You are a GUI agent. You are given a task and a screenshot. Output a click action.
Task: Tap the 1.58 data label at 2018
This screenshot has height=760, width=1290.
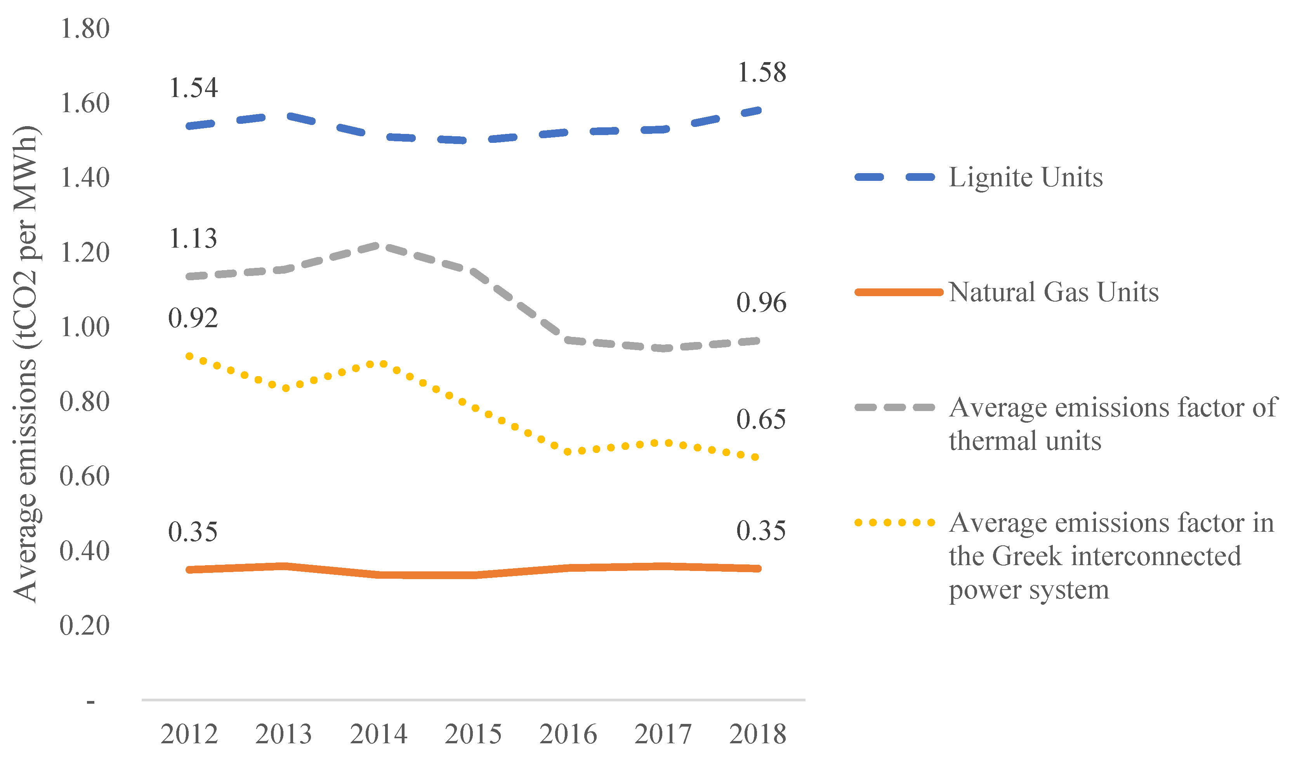pyautogui.click(x=762, y=73)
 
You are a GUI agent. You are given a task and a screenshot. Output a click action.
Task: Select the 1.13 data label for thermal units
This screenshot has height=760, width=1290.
pyautogui.click(x=193, y=239)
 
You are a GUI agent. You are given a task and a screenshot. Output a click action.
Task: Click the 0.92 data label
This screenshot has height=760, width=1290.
pyautogui.click(x=193, y=319)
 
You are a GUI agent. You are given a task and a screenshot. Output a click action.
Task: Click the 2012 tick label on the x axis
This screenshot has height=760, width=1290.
pyautogui.click(x=189, y=734)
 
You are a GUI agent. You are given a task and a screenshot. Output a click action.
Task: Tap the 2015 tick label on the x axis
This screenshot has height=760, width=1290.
pyautogui.click(x=473, y=734)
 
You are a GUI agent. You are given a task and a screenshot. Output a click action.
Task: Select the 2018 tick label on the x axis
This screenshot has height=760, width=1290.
pyautogui.click(x=758, y=734)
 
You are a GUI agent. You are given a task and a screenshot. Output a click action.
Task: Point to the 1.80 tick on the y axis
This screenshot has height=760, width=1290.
pyautogui.click(x=85, y=29)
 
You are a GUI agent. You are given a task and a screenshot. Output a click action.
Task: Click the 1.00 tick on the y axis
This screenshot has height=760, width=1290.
pyautogui.click(x=85, y=327)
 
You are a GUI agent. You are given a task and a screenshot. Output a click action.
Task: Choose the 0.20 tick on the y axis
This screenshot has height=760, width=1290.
pyautogui.click(x=85, y=626)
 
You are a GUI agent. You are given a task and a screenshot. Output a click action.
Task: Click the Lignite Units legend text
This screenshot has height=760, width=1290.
pyautogui.click(x=1026, y=178)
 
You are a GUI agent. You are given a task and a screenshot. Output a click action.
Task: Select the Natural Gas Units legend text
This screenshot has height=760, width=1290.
pyautogui.click(x=1054, y=292)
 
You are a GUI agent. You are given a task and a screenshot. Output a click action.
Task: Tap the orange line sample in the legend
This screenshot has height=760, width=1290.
pyautogui.click(x=899, y=292)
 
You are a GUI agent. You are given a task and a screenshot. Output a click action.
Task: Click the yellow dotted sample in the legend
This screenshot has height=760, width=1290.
pyautogui.click(x=895, y=523)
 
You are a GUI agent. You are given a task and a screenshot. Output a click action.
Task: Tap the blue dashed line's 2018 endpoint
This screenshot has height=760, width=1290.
pyautogui.click(x=758, y=111)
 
